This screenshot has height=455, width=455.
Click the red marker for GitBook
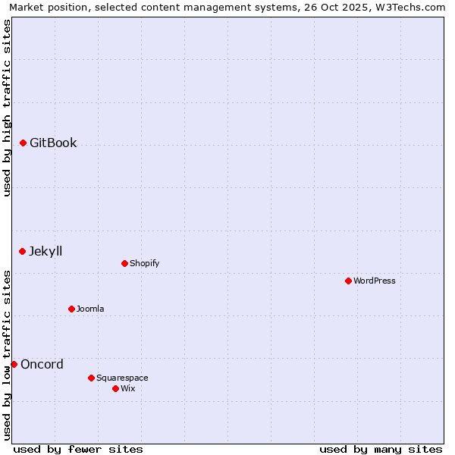tap(23, 143)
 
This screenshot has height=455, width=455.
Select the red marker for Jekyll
tap(22, 251)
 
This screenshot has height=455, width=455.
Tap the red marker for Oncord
tap(14, 364)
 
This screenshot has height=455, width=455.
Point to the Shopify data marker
tap(124, 263)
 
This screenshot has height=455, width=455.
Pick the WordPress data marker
tap(348, 281)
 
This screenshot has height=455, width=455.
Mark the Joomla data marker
tap(71, 309)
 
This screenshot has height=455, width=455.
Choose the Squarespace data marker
tap(91, 378)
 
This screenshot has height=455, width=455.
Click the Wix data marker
tap(115, 388)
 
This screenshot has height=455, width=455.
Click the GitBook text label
tap(53, 143)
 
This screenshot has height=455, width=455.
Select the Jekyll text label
tap(45, 251)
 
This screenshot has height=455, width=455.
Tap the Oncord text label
tap(42, 364)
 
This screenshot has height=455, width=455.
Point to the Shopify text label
tap(145, 263)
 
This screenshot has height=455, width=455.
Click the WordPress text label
tap(375, 281)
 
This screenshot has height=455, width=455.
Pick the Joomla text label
tap(90, 309)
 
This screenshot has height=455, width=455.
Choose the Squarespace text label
tap(122, 378)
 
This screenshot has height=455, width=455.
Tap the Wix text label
tap(128, 388)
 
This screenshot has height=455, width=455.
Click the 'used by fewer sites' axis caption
tap(78, 449)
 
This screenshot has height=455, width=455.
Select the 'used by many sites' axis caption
tap(381, 449)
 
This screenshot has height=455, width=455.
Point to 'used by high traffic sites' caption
tap(8, 108)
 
